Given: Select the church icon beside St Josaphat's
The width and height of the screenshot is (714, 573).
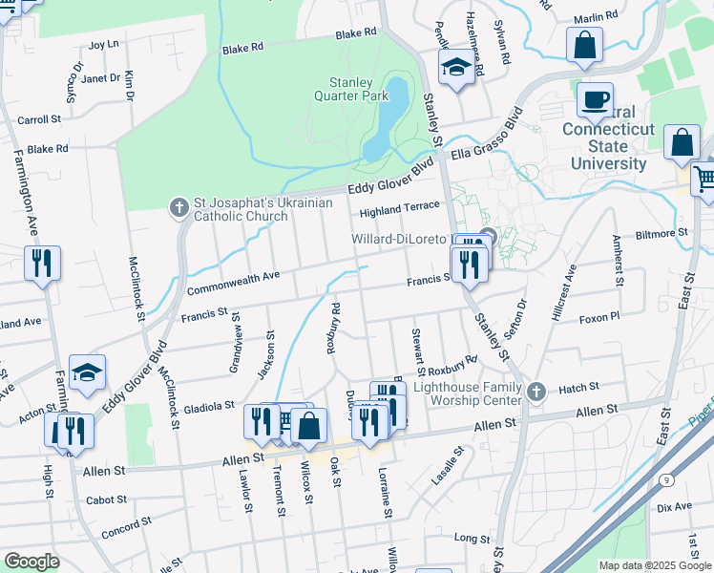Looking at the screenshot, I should click(x=178, y=206).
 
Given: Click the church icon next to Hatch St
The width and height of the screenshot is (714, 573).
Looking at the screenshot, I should click(x=536, y=391).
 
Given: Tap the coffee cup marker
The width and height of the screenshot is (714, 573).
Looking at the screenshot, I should click(x=597, y=97).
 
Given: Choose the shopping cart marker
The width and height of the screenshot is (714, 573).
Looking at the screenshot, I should click(x=703, y=178).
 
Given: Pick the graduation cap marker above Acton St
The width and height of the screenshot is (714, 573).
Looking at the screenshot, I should click(x=88, y=373).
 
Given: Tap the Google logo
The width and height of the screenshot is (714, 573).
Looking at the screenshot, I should click(x=31, y=561).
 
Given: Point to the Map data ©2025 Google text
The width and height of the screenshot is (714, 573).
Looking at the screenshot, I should click(x=654, y=565).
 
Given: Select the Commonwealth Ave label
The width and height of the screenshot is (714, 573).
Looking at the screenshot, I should click(x=234, y=282).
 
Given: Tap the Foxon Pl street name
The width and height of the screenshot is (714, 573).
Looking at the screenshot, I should click(x=599, y=316).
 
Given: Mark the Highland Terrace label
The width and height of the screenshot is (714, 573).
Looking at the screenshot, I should click(x=399, y=206).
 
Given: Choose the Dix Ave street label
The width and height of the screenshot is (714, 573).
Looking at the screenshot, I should click(x=674, y=506).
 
